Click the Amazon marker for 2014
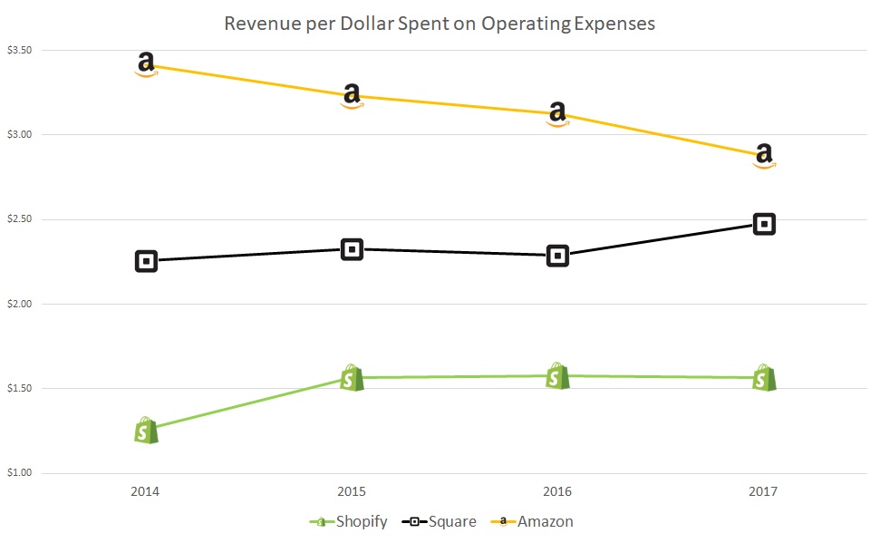(146, 64)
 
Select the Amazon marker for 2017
(764, 156)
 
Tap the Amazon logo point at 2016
(558, 114)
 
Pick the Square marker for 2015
(352, 249)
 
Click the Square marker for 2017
(764, 224)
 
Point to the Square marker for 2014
(146, 261)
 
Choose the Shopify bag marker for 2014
(146, 430)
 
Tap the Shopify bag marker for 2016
(558, 376)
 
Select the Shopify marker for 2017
(764, 377)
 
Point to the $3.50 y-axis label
(18, 50)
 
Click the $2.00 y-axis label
(18, 304)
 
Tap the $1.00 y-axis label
(18, 473)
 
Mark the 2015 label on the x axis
(352, 492)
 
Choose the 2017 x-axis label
(764, 492)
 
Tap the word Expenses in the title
(614, 24)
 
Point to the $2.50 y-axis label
(18, 219)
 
